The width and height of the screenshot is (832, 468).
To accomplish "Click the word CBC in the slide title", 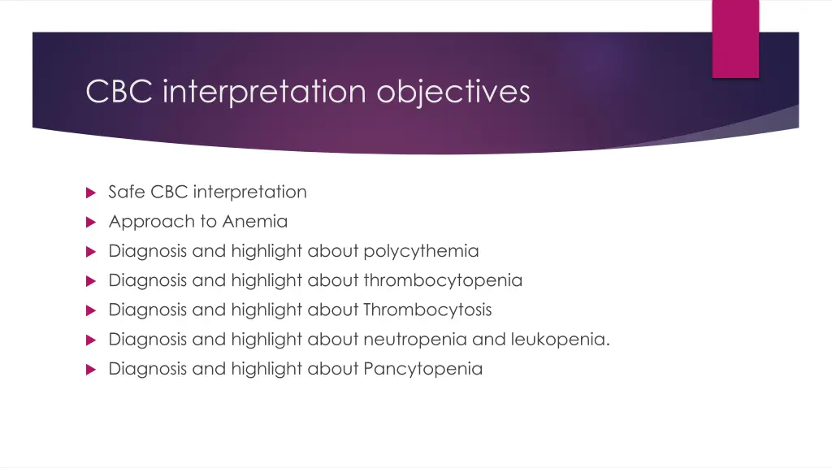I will (120, 92).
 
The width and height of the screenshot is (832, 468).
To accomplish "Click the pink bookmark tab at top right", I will (735, 38).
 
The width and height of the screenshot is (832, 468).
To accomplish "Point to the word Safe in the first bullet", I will (127, 193).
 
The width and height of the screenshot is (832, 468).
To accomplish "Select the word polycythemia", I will (421, 251).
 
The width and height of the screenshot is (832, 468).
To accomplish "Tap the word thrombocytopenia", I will (443, 280).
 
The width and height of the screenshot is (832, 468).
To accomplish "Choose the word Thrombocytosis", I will (427, 310).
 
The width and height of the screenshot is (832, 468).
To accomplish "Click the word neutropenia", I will (415, 339).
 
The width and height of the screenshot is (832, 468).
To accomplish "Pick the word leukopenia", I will (560, 339).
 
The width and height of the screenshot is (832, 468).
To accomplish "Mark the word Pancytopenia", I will (422, 369).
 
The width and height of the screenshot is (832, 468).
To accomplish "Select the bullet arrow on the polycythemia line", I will (91, 252).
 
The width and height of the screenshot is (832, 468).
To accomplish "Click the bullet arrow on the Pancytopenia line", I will (91, 370).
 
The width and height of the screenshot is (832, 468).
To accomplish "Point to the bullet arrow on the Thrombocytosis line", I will (91, 310).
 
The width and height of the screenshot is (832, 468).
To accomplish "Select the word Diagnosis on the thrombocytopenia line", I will (147, 280).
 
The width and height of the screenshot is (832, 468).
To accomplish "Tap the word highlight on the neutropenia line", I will (266, 339).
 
